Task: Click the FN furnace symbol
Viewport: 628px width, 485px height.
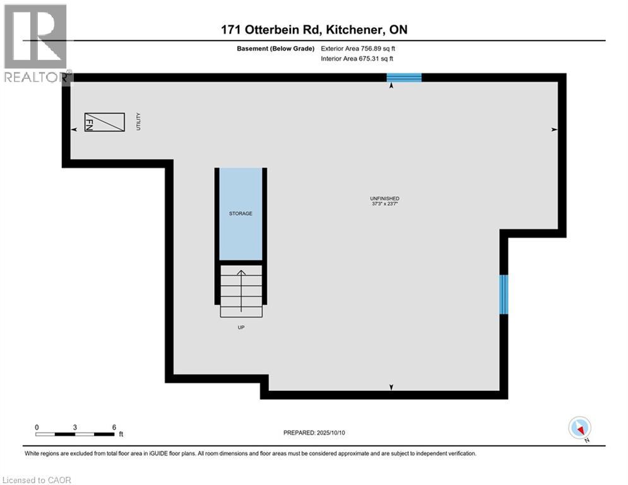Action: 105,122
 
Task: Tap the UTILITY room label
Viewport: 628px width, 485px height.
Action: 138,121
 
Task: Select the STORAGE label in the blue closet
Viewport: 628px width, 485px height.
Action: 240,213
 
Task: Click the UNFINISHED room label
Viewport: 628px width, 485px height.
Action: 384,198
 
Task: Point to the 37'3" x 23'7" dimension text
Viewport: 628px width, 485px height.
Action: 384,204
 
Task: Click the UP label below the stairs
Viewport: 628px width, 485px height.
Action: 240,327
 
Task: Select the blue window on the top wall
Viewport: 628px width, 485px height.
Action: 404,78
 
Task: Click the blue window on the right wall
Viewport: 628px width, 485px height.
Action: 504,294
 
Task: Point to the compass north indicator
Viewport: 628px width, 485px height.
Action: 579,428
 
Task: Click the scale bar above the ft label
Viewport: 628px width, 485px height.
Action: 75,434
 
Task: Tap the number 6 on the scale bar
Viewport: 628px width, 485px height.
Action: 114,427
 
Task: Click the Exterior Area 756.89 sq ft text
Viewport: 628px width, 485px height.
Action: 358,48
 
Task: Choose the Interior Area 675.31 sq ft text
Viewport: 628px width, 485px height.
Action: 358,59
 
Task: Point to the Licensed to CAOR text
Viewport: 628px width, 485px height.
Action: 37,480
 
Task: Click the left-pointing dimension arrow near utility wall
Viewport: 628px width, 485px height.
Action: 74,129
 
